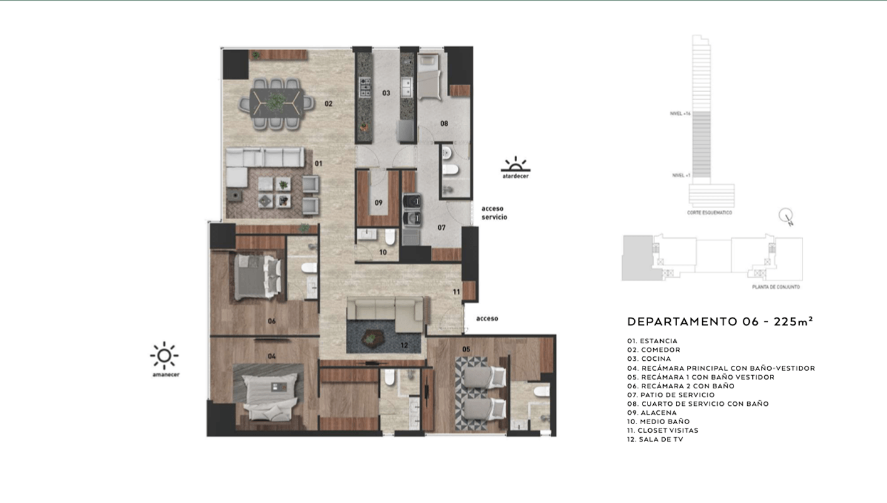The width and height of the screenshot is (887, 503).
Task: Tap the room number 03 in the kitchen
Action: (386, 93)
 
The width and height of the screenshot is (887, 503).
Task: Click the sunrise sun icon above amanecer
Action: (164, 356)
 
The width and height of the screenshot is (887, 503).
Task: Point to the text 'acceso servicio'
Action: (494, 213)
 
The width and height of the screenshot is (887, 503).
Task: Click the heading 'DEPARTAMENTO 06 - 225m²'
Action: (720, 322)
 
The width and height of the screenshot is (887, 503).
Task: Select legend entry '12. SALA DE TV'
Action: (655, 440)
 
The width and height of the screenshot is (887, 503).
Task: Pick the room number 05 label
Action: (466, 349)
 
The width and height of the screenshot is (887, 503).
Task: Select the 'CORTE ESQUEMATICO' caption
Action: (710, 212)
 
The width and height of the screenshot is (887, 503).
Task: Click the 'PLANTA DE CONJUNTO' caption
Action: (775, 287)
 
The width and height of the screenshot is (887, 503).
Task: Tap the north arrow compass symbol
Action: (786, 217)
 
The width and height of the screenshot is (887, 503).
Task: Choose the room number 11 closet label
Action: (456, 292)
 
